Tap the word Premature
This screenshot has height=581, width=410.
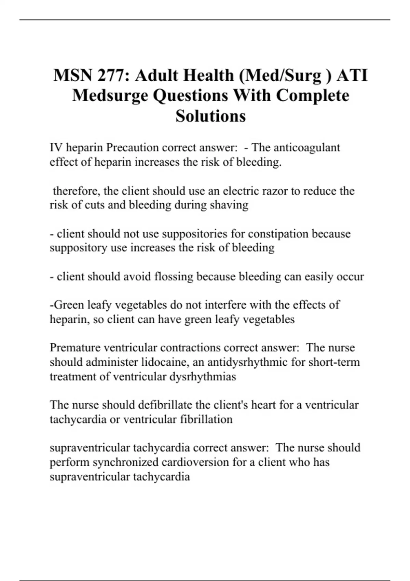pyautogui.click(x=75, y=348)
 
